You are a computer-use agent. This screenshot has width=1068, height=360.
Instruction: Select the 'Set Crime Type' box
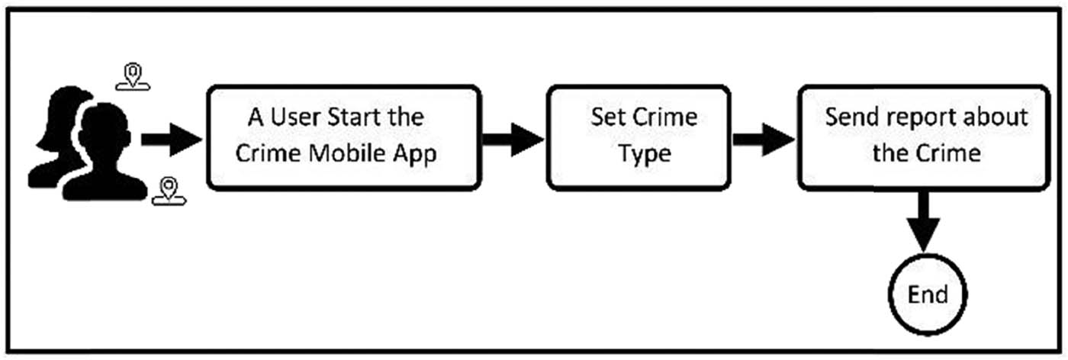[x=639, y=137]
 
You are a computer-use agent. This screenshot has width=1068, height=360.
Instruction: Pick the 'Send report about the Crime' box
[x=925, y=137]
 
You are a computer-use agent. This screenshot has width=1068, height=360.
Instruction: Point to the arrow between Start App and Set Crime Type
[x=513, y=140]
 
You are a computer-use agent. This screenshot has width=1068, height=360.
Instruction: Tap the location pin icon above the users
[x=133, y=76]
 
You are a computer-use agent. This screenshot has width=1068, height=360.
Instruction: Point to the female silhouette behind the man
[x=57, y=130]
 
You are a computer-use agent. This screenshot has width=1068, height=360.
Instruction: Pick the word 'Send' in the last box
[x=849, y=118]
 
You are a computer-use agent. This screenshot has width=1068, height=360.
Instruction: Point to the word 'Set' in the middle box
[x=605, y=118]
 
